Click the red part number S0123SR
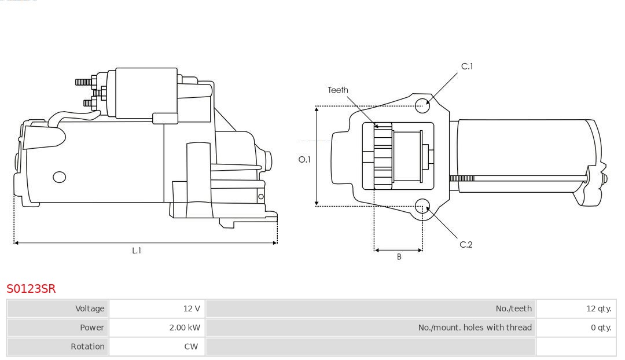[x=31, y=288]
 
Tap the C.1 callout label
[x=466, y=67]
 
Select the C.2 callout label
[x=466, y=245]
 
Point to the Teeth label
[x=338, y=90]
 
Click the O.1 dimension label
[x=304, y=159]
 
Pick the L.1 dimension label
[x=137, y=251]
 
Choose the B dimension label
[x=399, y=256]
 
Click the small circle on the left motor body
[x=59, y=177]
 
